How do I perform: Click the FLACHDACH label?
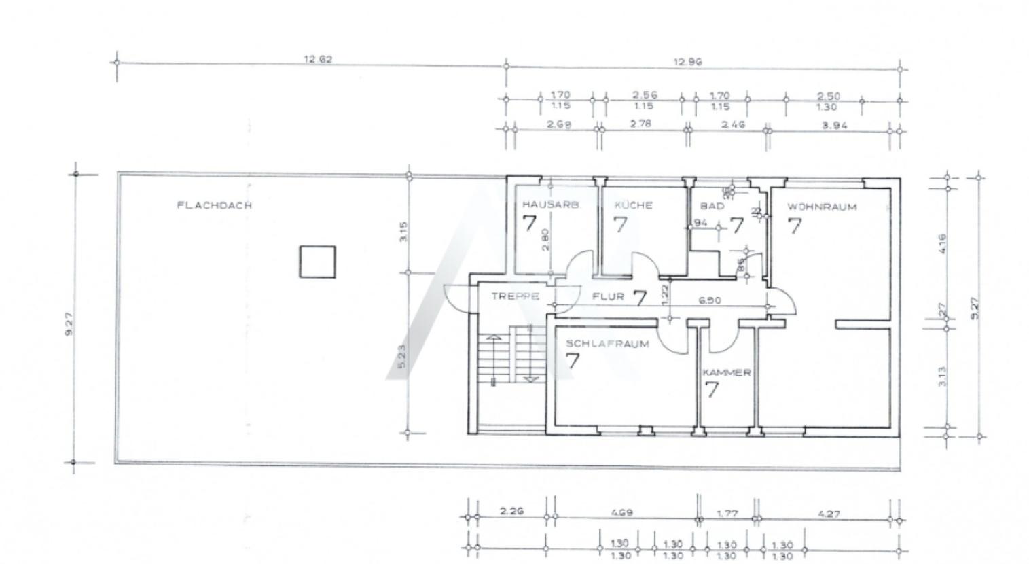214,205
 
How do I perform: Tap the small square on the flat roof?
317,262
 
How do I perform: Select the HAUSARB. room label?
552,205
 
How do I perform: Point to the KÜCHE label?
633,205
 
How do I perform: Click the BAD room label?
712,206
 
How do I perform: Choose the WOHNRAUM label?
822,206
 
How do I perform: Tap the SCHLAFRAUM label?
607,344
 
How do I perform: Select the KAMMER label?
727,372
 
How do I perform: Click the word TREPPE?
516,296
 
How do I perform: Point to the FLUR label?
608,296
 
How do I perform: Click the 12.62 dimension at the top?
317,59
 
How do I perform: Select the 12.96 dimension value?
687,62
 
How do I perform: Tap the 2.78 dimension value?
640,124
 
